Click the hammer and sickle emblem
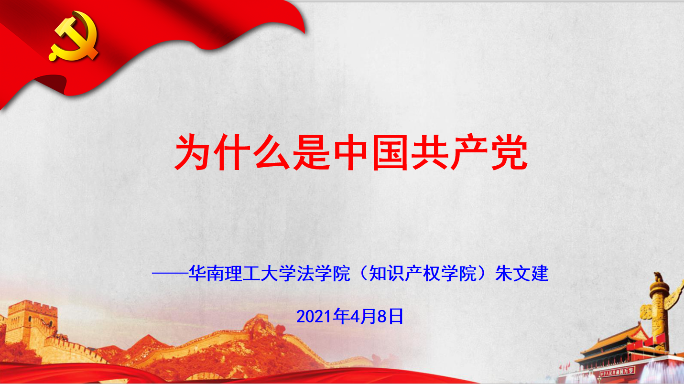click(73, 36)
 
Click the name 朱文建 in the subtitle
click(521, 273)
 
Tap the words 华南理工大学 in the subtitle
click(242, 273)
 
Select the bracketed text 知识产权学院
click(423, 273)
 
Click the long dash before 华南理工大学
click(170, 274)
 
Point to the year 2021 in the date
click(314, 317)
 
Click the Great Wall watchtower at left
click(32, 323)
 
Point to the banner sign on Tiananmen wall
click(617, 372)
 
